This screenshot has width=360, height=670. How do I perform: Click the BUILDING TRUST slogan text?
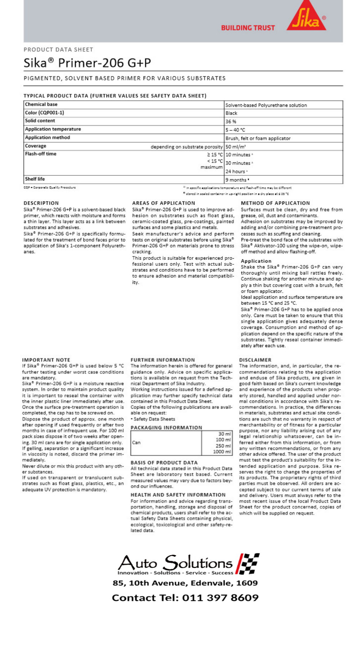click(x=248, y=28)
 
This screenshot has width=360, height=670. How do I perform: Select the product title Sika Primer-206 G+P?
click(x=87, y=63)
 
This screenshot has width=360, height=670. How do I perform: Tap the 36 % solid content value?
click(x=231, y=121)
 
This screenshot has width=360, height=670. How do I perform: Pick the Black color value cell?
click(x=231, y=113)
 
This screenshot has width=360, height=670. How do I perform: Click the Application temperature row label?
click(x=53, y=129)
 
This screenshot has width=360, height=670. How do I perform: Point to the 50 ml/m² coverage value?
click(x=236, y=147)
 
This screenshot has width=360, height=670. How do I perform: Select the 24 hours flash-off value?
click(x=236, y=171)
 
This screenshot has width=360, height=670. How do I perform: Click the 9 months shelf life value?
click(x=237, y=180)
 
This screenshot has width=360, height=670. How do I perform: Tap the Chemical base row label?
click(x=41, y=104)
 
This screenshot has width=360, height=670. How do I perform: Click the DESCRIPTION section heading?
click(x=41, y=203)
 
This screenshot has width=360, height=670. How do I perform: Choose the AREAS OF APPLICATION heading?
click(x=163, y=203)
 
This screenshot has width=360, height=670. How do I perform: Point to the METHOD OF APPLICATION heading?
click(x=275, y=203)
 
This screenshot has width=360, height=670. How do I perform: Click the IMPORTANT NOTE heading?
click(x=46, y=360)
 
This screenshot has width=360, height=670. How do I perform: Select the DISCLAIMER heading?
click(x=255, y=360)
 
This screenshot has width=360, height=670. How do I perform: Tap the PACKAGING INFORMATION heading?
click(x=166, y=428)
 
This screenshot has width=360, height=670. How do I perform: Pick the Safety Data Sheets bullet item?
click(x=153, y=419)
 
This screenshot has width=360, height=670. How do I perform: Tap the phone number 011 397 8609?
click(x=220, y=598)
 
